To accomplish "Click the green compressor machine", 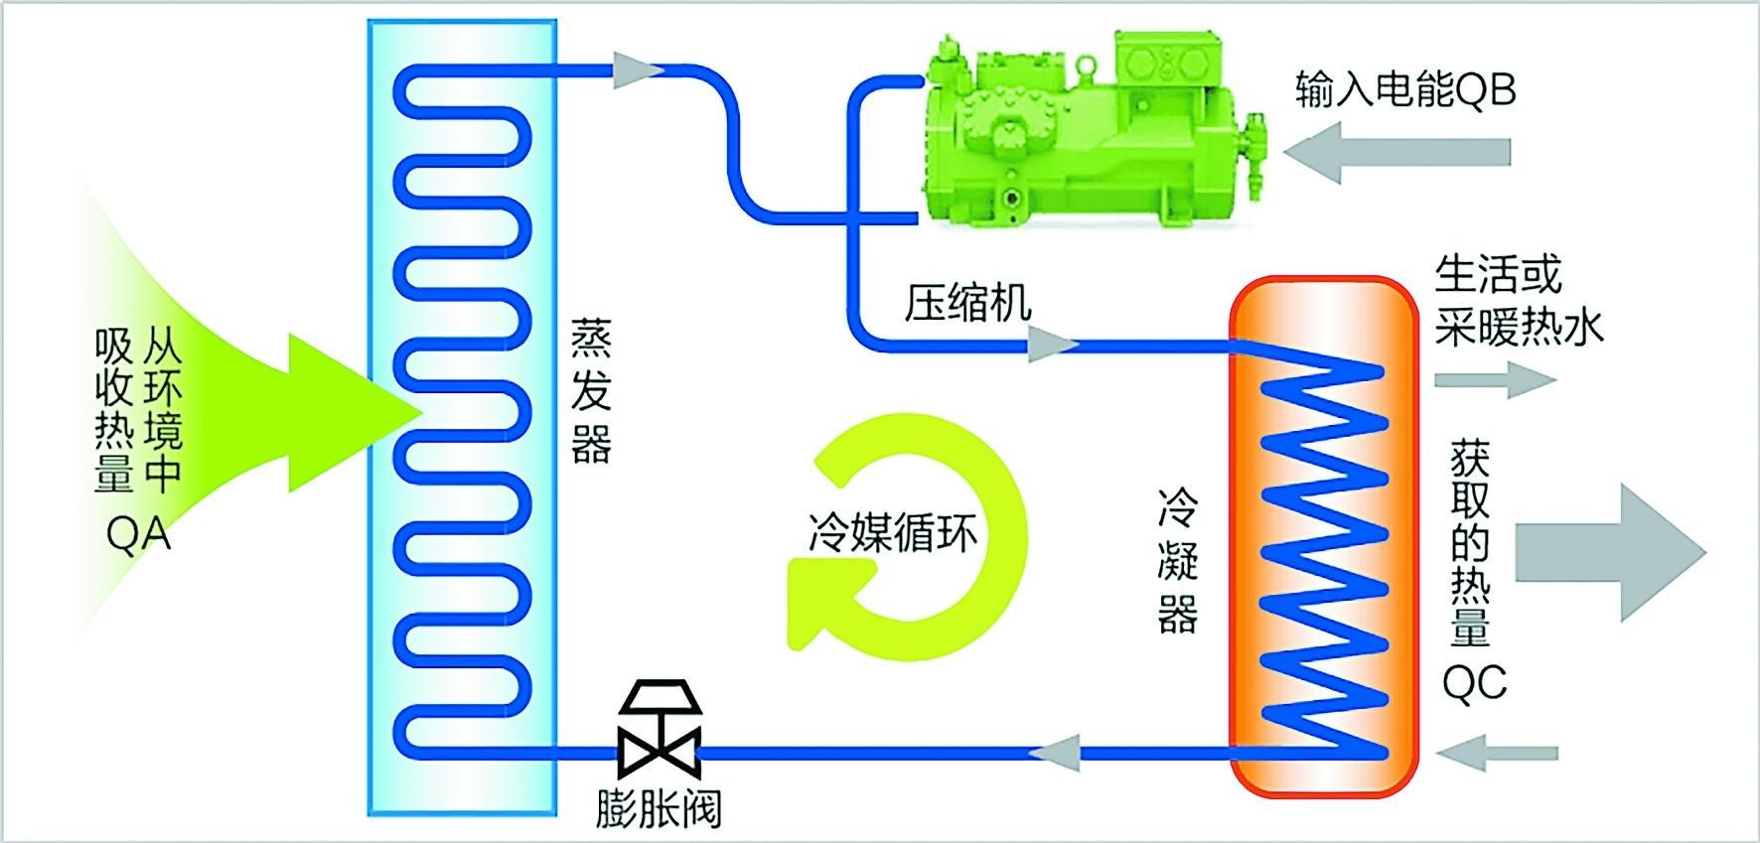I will tap(1083, 129).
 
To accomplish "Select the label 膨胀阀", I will tap(659, 808).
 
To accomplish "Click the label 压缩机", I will tap(967, 303).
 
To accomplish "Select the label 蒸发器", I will tap(591, 391).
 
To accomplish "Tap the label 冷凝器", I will tap(1178, 561).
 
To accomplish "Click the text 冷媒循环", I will tap(893, 532).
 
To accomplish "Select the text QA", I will tap(139, 535).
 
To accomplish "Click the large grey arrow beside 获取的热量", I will tap(1609, 552).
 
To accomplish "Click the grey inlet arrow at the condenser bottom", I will tap(1496, 754).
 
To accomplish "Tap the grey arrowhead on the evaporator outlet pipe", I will tap(637, 70).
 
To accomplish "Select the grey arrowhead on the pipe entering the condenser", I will tap(1051, 346).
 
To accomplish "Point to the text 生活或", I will tap(1498, 275).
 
